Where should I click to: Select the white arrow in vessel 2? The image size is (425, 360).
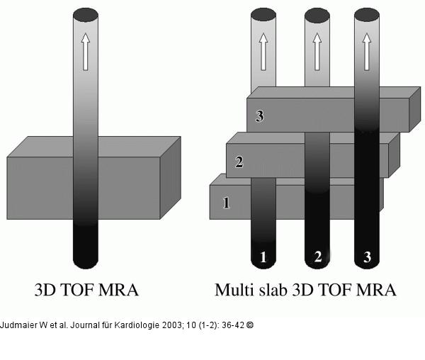tap(317, 52)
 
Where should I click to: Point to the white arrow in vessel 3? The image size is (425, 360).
tap(367, 51)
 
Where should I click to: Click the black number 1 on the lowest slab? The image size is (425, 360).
tap(227, 203)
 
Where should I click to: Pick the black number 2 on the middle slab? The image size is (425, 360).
tap(239, 162)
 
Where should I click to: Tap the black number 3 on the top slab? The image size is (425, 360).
tap(259, 116)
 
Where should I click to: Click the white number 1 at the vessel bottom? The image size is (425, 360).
tap(263, 257)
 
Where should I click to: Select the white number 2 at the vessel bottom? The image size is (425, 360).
tap(317, 257)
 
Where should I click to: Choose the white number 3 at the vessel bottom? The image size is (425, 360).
tap(367, 257)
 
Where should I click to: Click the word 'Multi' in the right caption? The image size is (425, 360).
tap(234, 290)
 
